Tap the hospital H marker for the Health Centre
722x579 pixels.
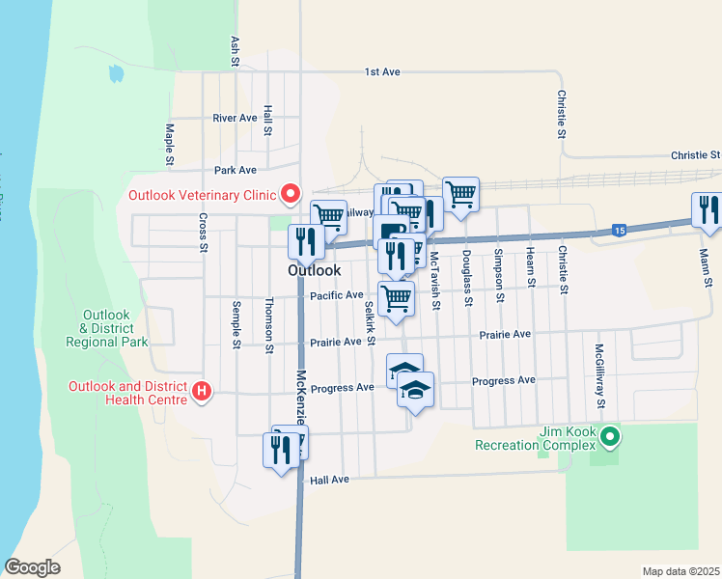tap(202, 392)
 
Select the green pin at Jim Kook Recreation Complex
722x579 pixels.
tap(609, 438)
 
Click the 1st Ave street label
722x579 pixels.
tap(381, 72)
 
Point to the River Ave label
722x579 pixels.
tap(235, 119)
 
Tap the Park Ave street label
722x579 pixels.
tap(236, 170)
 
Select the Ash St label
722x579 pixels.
tap(235, 51)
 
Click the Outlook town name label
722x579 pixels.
tap(314, 272)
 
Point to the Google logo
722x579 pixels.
tap(32, 567)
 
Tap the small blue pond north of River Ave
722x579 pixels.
tap(117, 73)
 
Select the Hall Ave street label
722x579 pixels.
tap(327, 480)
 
